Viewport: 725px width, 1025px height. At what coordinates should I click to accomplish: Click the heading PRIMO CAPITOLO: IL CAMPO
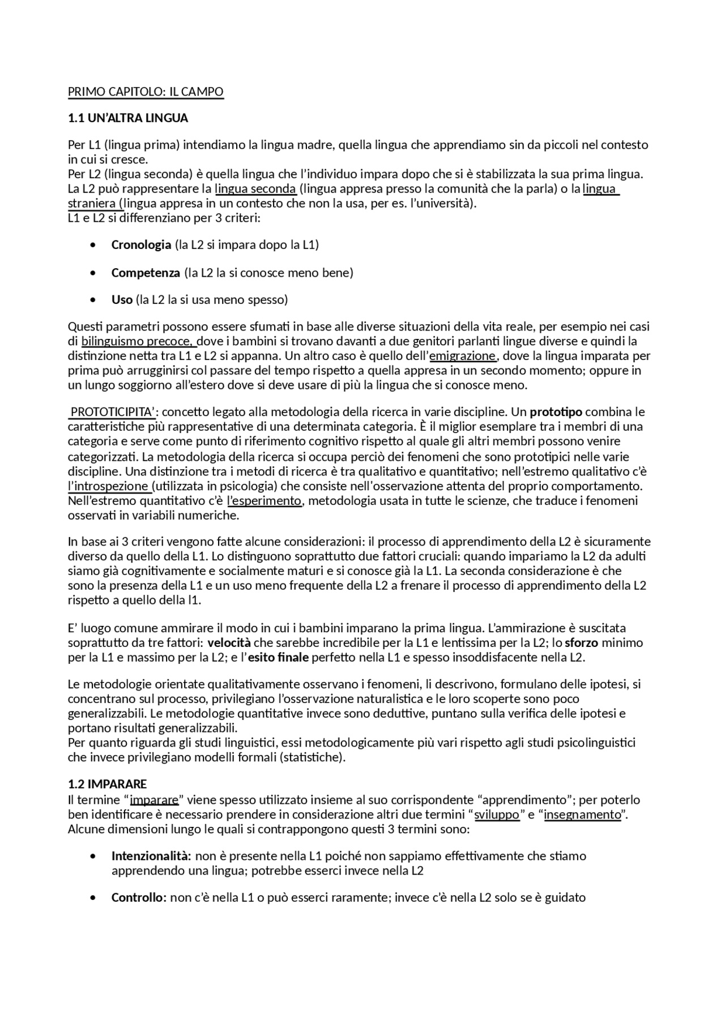tap(146, 92)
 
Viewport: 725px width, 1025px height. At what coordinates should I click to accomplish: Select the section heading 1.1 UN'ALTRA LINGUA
tap(127, 118)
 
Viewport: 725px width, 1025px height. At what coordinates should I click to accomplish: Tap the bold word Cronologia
tap(141, 245)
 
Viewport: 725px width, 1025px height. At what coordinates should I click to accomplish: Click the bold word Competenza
tap(146, 273)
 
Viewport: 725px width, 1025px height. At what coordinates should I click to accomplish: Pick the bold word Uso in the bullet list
tap(122, 300)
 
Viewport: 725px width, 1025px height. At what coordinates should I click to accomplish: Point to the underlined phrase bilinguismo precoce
tap(138, 341)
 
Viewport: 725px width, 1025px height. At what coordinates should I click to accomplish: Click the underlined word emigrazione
tap(463, 356)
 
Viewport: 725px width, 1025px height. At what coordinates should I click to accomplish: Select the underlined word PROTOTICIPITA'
tap(112, 412)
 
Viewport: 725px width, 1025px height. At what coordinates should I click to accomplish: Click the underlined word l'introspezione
tap(108, 486)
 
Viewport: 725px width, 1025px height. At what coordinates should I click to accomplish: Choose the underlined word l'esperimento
tap(264, 501)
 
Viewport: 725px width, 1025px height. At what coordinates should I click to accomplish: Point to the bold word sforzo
tap(581, 643)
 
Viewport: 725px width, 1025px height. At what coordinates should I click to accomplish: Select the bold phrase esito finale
tap(278, 658)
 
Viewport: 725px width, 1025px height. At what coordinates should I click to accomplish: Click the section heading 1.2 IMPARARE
tap(107, 784)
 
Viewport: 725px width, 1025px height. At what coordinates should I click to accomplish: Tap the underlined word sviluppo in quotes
tap(497, 815)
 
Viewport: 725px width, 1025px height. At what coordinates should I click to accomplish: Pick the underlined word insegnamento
tap(582, 815)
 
